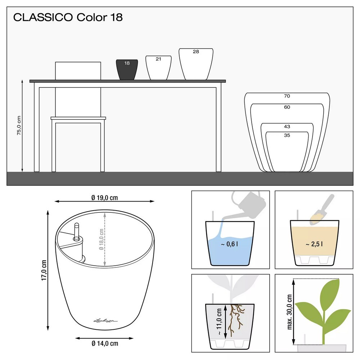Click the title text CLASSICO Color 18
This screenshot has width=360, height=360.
point(68,18)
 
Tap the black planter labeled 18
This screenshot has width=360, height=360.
point(127,69)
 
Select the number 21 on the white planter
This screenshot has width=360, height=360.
point(158,59)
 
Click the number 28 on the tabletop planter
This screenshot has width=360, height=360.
point(196,52)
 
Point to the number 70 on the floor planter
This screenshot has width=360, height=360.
point(287,96)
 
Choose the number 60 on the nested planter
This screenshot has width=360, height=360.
point(287,107)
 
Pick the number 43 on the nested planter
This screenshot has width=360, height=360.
point(287,127)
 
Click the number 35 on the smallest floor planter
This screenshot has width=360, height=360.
point(287,136)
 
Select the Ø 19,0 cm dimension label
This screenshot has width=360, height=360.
point(105,197)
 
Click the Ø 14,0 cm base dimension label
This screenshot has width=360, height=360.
point(104,343)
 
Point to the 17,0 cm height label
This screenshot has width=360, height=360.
point(44,270)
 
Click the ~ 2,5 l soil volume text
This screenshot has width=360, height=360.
point(314,244)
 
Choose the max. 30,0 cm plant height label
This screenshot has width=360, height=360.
point(290,312)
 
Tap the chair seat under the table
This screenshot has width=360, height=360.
point(78,118)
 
